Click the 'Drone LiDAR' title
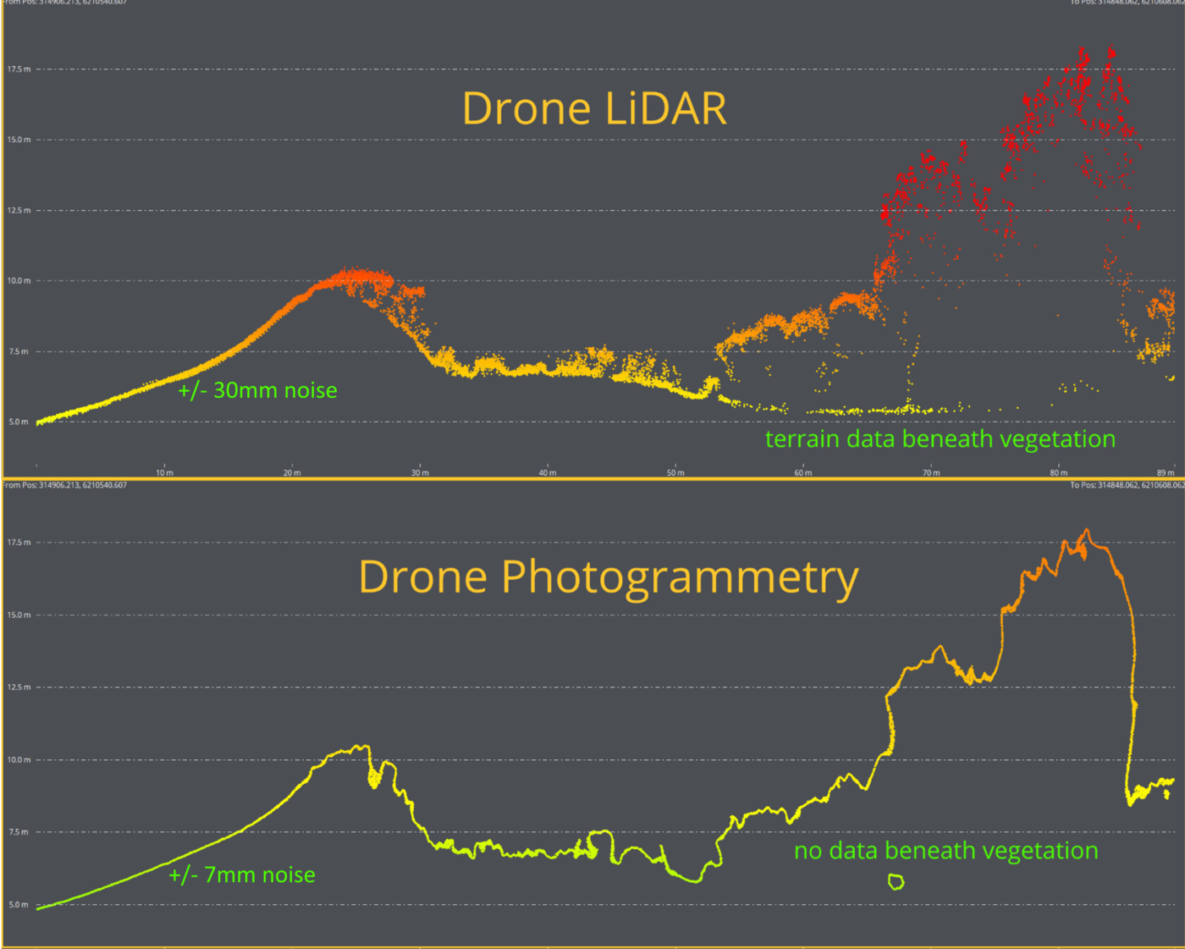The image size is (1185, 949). pyautogui.click(x=594, y=108)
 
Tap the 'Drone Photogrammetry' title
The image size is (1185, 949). pyautogui.click(x=608, y=577)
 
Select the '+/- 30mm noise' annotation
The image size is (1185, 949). pyautogui.click(x=257, y=390)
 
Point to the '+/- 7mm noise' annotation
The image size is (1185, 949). pyautogui.click(x=242, y=875)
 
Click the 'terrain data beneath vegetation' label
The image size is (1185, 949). pyautogui.click(x=940, y=439)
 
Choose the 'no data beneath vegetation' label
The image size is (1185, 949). pyautogui.click(x=945, y=851)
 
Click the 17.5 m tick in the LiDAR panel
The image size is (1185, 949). pyautogui.click(x=19, y=69)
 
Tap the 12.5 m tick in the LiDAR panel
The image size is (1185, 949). pyautogui.click(x=19, y=210)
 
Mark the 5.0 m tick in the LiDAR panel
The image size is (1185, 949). pyautogui.click(x=19, y=422)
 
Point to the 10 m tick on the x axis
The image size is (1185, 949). pyautogui.click(x=164, y=472)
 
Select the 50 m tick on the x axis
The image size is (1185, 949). pyautogui.click(x=675, y=472)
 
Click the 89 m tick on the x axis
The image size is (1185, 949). pyautogui.click(x=1166, y=472)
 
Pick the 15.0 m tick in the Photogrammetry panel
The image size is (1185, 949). pyautogui.click(x=19, y=615)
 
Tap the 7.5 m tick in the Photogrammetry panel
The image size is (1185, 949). pyautogui.click(x=19, y=832)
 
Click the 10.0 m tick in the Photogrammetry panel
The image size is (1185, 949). pyautogui.click(x=19, y=759)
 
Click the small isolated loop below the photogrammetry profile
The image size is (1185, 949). pyautogui.click(x=896, y=882)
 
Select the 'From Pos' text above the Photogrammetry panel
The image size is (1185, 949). pyautogui.click(x=65, y=485)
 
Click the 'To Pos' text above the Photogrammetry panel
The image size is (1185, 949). pyautogui.click(x=1126, y=485)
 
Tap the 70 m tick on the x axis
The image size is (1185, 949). pyautogui.click(x=931, y=472)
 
